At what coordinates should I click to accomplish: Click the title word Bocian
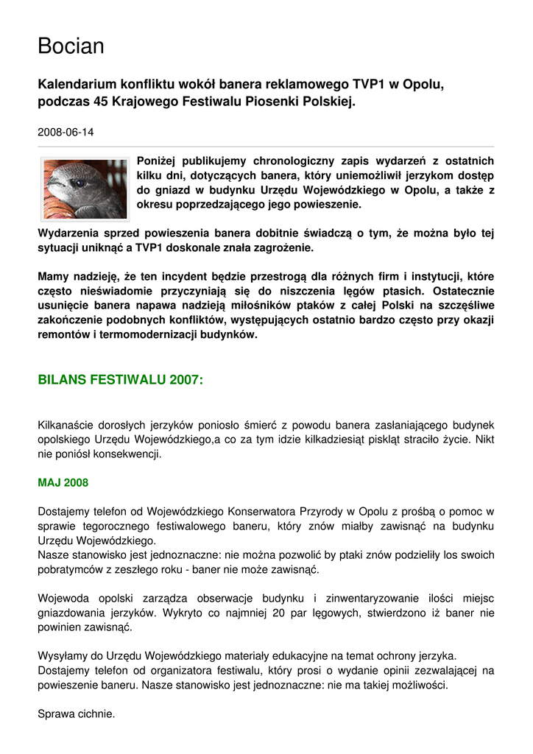pyautogui.click(x=71, y=46)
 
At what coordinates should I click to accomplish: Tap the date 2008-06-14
pyautogui.click(x=66, y=133)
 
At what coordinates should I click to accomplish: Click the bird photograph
pyautogui.click(x=85, y=188)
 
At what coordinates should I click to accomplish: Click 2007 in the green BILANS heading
pyautogui.click(x=184, y=380)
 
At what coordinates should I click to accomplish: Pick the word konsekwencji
pyautogui.click(x=132, y=454)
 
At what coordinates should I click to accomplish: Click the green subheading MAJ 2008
pyautogui.click(x=63, y=483)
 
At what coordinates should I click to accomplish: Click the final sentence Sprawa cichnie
pyautogui.click(x=76, y=714)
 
